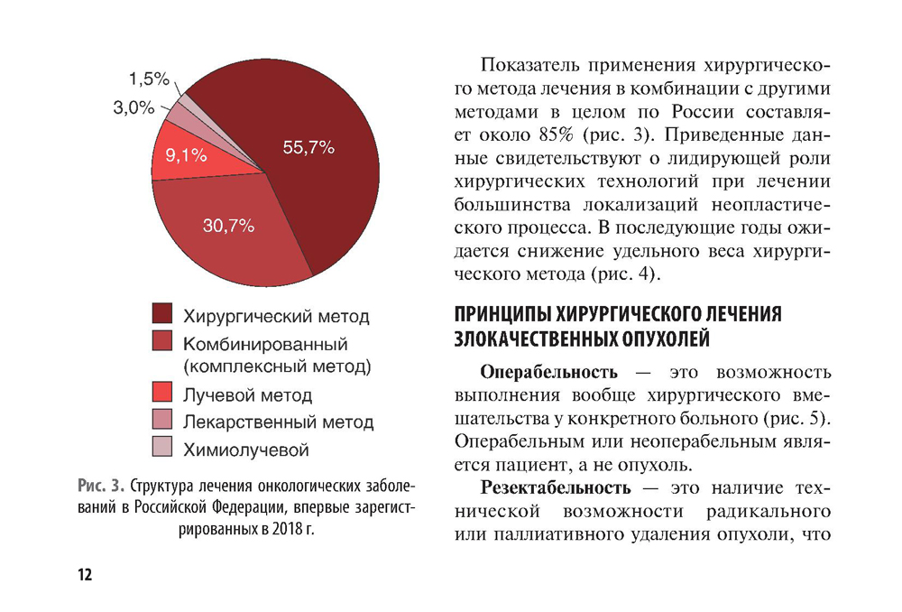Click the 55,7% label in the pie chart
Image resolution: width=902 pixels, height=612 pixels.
[x=308, y=148]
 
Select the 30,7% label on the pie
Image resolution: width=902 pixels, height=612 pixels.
[x=228, y=226]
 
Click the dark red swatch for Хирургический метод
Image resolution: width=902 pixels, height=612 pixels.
[x=161, y=315]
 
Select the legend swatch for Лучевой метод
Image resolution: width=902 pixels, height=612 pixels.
[x=161, y=394]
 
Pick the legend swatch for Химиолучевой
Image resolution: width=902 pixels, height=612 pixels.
[x=161, y=447]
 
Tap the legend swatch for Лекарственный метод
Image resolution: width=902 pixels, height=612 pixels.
[x=161, y=420]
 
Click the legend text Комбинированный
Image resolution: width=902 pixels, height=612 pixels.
[x=265, y=344]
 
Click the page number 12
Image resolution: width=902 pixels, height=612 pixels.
[x=85, y=575]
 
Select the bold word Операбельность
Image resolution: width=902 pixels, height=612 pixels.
[x=549, y=371]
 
